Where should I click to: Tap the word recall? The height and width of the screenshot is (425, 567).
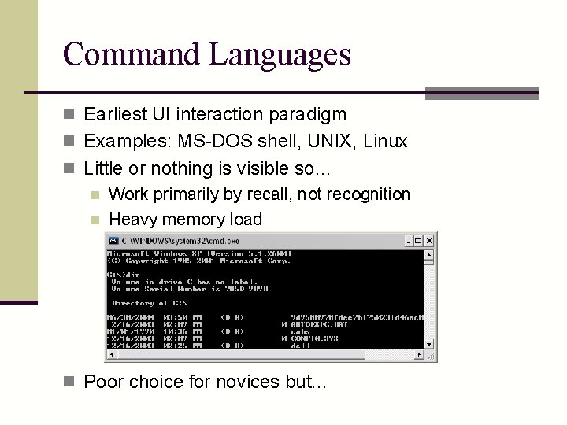[269, 194]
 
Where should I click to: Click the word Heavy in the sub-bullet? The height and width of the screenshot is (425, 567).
[132, 219]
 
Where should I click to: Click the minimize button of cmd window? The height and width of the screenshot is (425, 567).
[409, 241]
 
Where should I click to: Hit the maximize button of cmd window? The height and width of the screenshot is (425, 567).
[419, 241]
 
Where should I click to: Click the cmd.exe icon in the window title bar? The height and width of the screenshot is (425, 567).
[113, 241]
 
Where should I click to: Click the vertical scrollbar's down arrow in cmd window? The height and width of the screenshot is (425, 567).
[429, 344]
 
